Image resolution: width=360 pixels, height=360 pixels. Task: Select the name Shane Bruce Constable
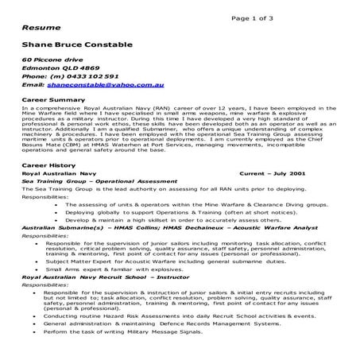pos(76,45)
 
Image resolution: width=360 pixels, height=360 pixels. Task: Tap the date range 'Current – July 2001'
pos(273,172)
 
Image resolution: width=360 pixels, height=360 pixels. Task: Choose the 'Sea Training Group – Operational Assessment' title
pos(96,180)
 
